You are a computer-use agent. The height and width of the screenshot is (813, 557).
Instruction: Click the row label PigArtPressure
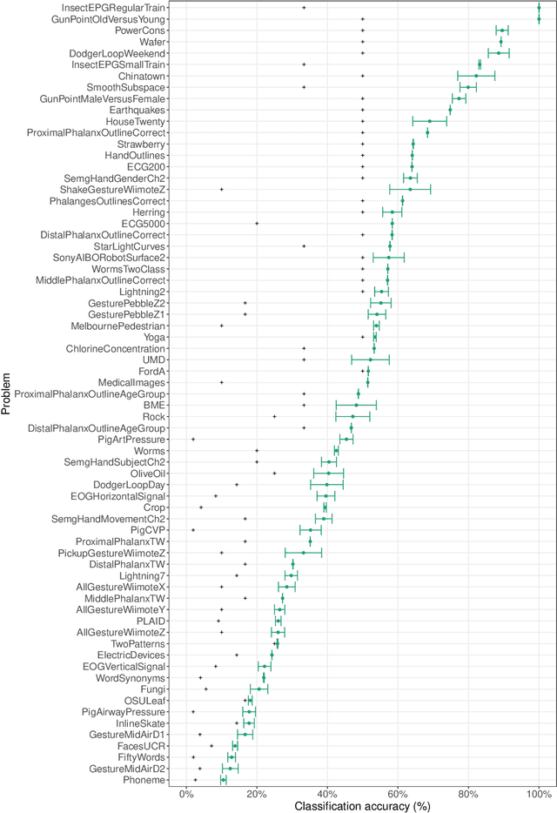(131, 439)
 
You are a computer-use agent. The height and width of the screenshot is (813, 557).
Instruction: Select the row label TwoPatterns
(139, 643)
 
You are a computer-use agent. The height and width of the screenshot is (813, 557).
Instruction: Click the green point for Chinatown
(476, 76)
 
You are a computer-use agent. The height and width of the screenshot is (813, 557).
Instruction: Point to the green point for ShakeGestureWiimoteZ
(410, 189)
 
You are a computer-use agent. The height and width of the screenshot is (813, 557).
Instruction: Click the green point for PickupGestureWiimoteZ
(304, 552)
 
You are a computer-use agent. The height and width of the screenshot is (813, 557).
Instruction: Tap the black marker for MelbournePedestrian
(222, 326)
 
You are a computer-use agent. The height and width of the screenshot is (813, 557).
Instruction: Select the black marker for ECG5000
(257, 223)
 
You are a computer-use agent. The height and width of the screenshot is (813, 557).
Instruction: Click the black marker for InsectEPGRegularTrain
(304, 7)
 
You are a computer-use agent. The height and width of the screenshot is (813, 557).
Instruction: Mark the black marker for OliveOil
(274, 473)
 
